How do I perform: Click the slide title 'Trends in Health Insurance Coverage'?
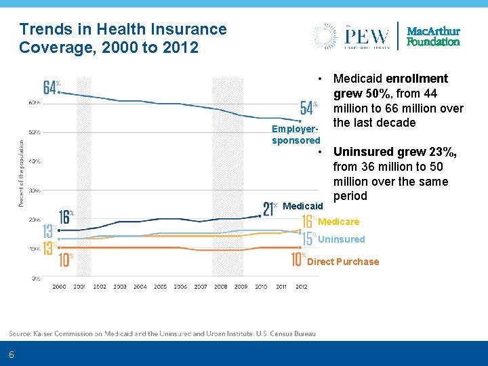pyautogui.click(x=123, y=38)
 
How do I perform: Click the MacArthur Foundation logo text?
pyautogui.click(x=433, y=37)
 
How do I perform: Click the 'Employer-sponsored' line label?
pyautogui.click(x=296, y=135)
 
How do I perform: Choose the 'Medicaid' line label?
pyautogui.click(x=302, y=205)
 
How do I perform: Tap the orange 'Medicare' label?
pyautogui.click(x=339, y=222)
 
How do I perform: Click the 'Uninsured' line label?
pyautogui.click(x=341, y=239)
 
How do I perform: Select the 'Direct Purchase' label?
pyautogui.click(x=343, y=262)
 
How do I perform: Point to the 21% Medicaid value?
pyautogui.click(x=269, y=208)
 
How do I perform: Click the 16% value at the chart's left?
pyautogui.click(x=65, y=217)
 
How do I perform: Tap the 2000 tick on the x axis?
pyautogui.click(x=59, y=287)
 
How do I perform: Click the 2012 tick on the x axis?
pyautogui.click(x=301, y=287)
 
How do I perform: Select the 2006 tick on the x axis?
pyautogui.click(x=180, y=287)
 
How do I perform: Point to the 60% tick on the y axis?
pyautogui.click(x=34, y=102)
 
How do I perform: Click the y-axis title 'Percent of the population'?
pyautogui.click(x=20, y=174)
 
